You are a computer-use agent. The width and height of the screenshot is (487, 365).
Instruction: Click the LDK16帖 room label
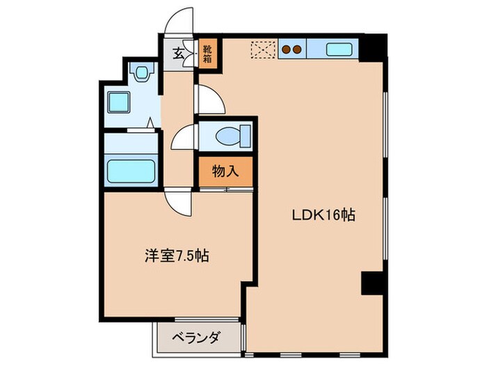(x=323, y=216)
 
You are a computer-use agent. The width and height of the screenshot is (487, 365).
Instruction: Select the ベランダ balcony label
(x=197, y=339)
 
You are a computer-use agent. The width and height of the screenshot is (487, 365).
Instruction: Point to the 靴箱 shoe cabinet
(x=207, y=54)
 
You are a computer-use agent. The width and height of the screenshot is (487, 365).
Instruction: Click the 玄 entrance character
(x=178, y=54)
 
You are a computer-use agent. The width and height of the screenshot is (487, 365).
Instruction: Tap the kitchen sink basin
(x=339, y=49)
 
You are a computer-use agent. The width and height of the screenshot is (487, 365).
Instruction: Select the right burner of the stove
(x=297, y=49)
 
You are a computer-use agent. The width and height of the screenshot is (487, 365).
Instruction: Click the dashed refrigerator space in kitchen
(x=264, y=49)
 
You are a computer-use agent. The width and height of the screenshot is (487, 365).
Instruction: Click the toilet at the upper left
(x=142, y=72)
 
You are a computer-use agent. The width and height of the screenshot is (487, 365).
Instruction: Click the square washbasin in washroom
(x=119, y=104)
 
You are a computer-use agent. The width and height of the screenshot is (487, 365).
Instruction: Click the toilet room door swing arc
(x=184, y=136)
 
